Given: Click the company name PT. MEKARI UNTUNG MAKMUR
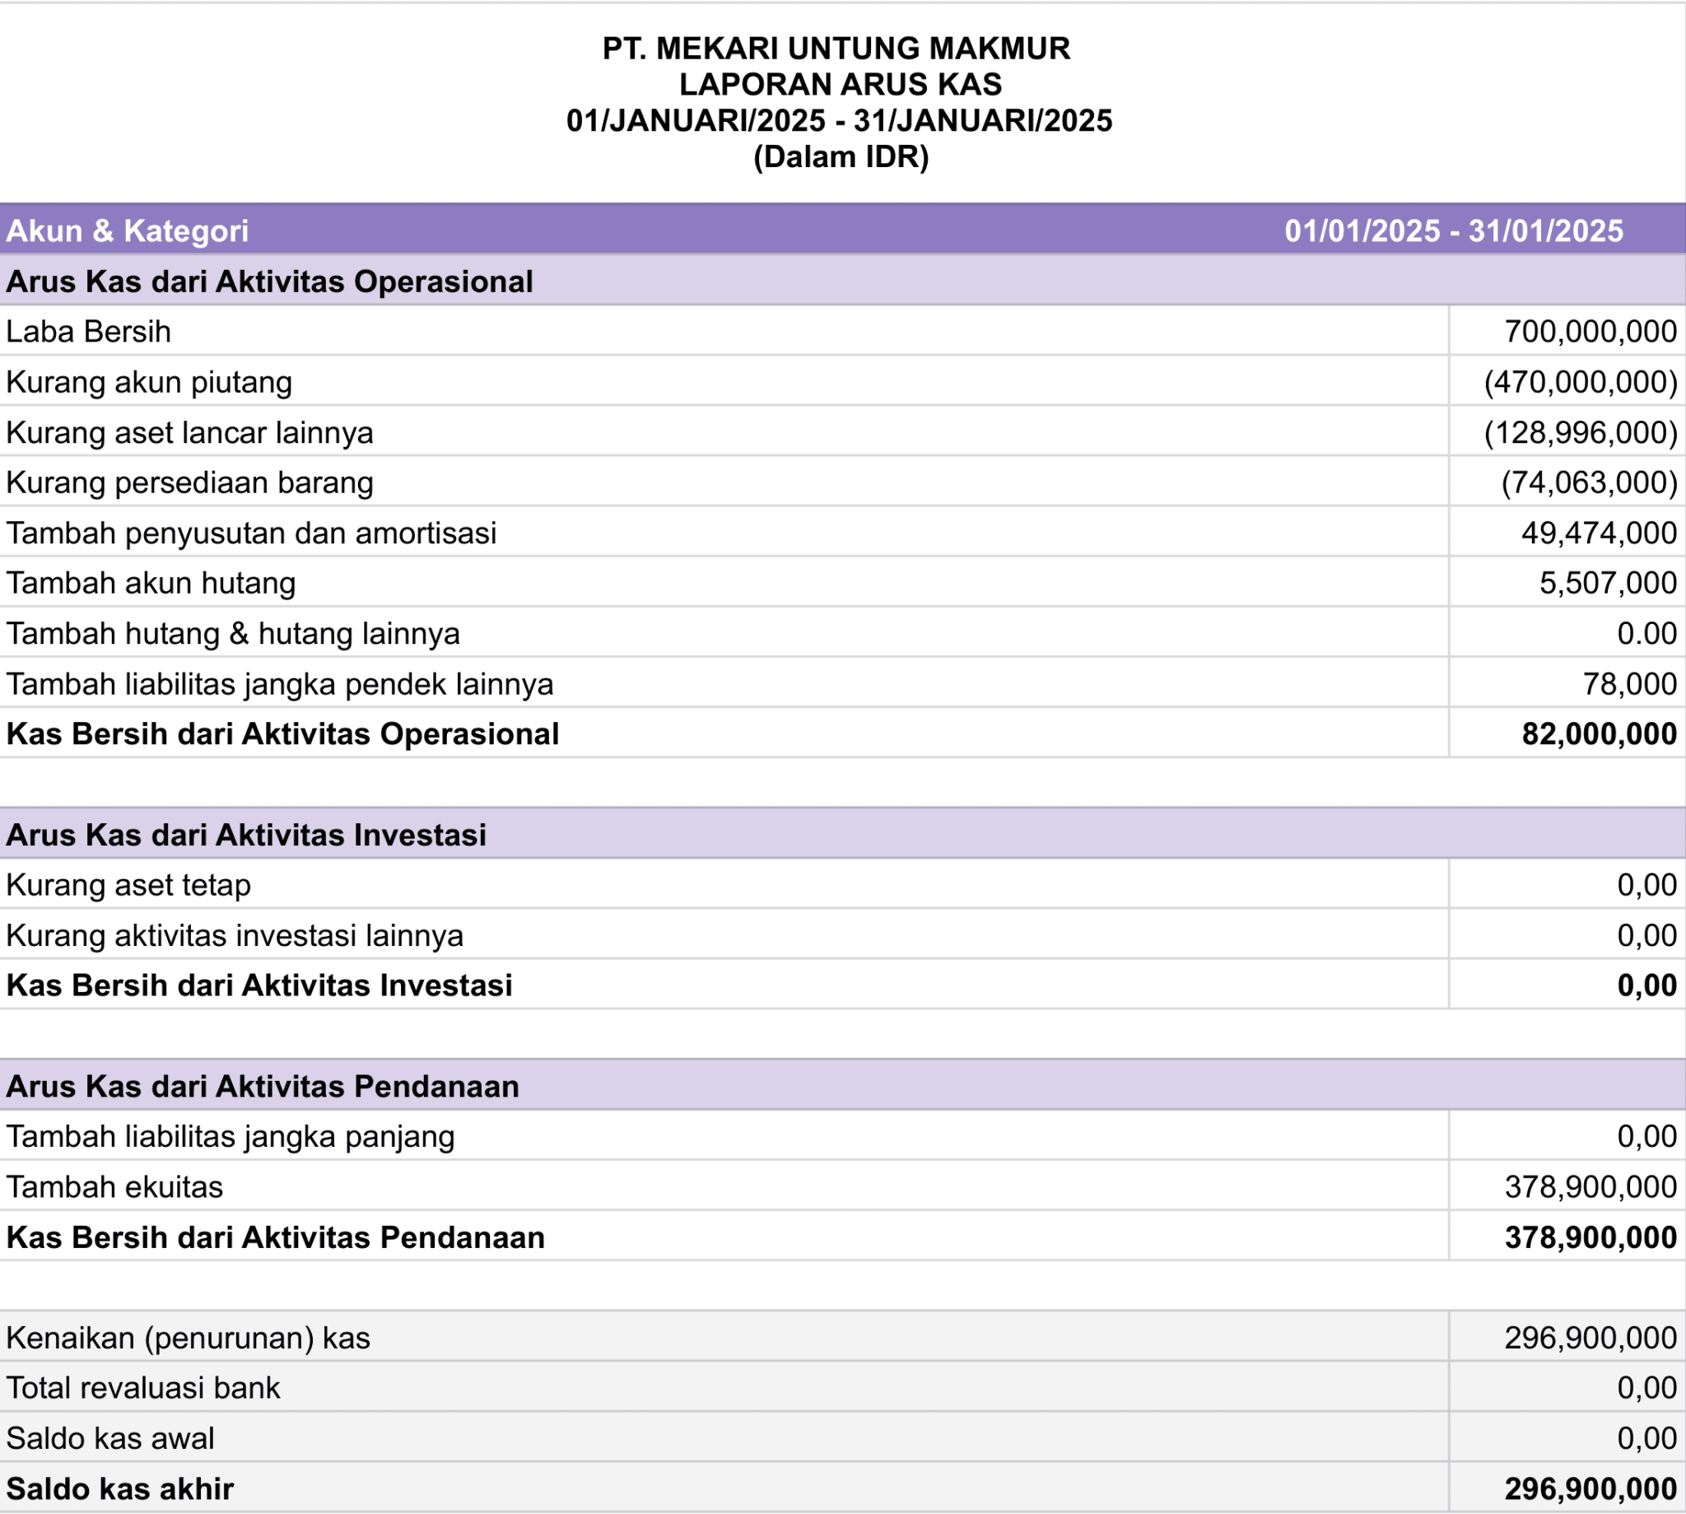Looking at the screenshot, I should tap(836, 49).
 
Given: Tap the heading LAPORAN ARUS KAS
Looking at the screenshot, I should tap(840, 84).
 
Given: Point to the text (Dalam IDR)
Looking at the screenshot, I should tap(840, 157).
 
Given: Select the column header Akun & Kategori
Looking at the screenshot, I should tap(128, 231).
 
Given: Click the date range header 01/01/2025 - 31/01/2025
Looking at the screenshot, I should tap(1453, 231).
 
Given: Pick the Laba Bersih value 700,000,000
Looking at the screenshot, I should tap(1590, 332).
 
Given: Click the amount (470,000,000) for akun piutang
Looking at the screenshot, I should tap(1581, 382).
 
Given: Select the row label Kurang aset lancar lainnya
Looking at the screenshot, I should tap(189, 432).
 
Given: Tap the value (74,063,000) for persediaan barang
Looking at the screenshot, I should tap(1589, 482).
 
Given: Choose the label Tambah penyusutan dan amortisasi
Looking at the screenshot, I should tap(251, 533).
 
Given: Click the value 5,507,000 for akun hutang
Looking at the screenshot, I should tap(1607, 583).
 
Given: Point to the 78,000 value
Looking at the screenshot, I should tap(1628, 684).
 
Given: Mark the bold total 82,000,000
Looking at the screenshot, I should tap(1599, 734).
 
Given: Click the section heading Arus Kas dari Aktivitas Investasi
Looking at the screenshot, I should tap(246, 834).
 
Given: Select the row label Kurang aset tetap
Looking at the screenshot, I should tap(128, 885).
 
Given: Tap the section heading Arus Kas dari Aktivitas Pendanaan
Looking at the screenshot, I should tap(263, 1087).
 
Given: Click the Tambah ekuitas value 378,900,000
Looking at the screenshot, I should tap(1590, 1187).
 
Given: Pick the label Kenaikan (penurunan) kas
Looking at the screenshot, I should tap(188, 1338).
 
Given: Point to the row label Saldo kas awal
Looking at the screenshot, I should tap(109, 1438).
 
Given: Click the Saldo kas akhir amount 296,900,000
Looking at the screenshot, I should tap(1590, 1489).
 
